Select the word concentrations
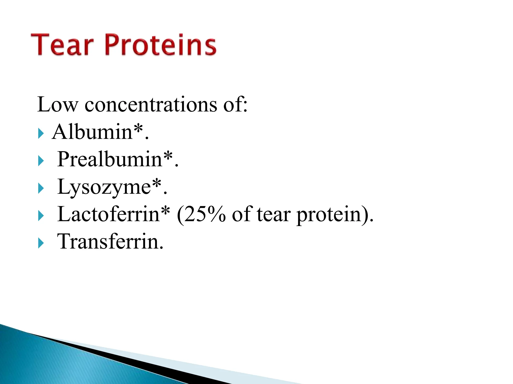click(x=151, y=104)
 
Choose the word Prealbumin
click(x=110, y=159)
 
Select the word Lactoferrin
click(x=108, y=214)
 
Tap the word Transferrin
click(x=110, y=242)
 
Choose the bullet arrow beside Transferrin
click(x=41, y=243)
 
